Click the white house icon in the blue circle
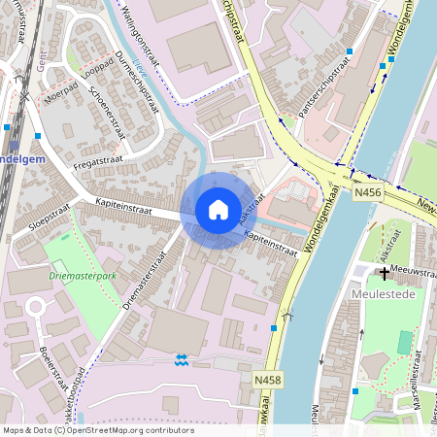pos(218,209)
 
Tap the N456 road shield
pos(366,193)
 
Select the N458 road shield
pos(269,379)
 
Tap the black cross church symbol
pos(385,274)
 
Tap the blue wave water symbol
pos(180,361)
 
